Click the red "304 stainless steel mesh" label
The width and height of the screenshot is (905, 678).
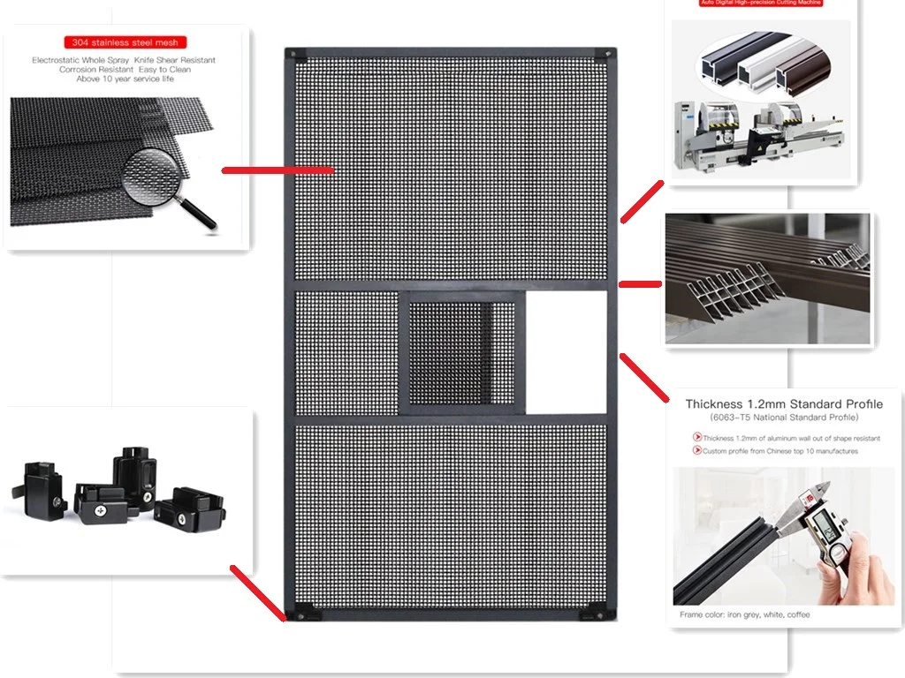(x=125, y=42)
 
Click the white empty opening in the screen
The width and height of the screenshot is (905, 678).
(x=566, y=351)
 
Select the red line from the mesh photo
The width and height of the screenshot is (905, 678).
(x=277, y=169)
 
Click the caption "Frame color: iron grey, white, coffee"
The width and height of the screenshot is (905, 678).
(x=744, y=614)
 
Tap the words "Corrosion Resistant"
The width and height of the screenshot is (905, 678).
(x=96, y=70)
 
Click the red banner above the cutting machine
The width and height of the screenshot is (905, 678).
(x=760, y=4)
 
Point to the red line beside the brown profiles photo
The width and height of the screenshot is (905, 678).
(x=640, y=284)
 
